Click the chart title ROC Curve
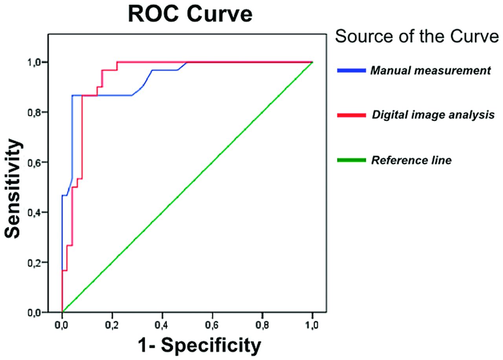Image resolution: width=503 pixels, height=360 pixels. [190, 15]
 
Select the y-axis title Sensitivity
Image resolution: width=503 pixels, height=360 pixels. [14, 189]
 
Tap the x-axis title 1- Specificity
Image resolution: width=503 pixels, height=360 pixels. [199, 346]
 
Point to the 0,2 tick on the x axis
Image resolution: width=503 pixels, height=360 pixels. [112, 325]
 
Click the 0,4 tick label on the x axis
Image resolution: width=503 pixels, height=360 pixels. [162, 325]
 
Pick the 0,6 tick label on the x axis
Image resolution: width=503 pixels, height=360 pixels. [212, 325]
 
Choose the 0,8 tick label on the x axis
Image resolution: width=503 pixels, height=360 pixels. [263, 325]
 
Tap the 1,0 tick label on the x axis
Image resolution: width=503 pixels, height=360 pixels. [312, 325]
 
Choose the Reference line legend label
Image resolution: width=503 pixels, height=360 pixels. [411, 160]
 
